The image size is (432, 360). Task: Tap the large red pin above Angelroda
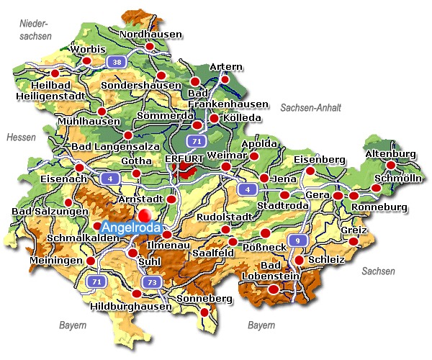pyautogui.click(x=146, y=215)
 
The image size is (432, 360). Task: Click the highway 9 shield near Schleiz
pyautogui.click(x=294, y=240)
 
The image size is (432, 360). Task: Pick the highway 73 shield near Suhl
pyautogui.click(x=150, y=282)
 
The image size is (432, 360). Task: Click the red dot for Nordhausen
pyautogui.click(x=150, y=47)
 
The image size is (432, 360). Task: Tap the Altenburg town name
pyautogui.click(x=391, y=154)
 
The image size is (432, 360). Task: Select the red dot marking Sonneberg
pyautogui.click(x=205, y=312)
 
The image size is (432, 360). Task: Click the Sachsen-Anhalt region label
pyautogui.click(x=310, y=107)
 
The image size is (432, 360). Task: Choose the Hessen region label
pyautogui.click(x=20, y=137)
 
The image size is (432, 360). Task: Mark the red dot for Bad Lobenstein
pyautogui.click(x=273, y=289)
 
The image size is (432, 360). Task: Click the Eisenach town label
pyautogui.click(x=43, y=179)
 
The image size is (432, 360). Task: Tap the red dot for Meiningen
pyautogui.click(x=91, y=261)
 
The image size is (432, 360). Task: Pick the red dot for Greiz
pyautogui.click(x=353, y=240)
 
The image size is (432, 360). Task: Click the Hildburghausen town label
pyautogui.click(x=132, y=306)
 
